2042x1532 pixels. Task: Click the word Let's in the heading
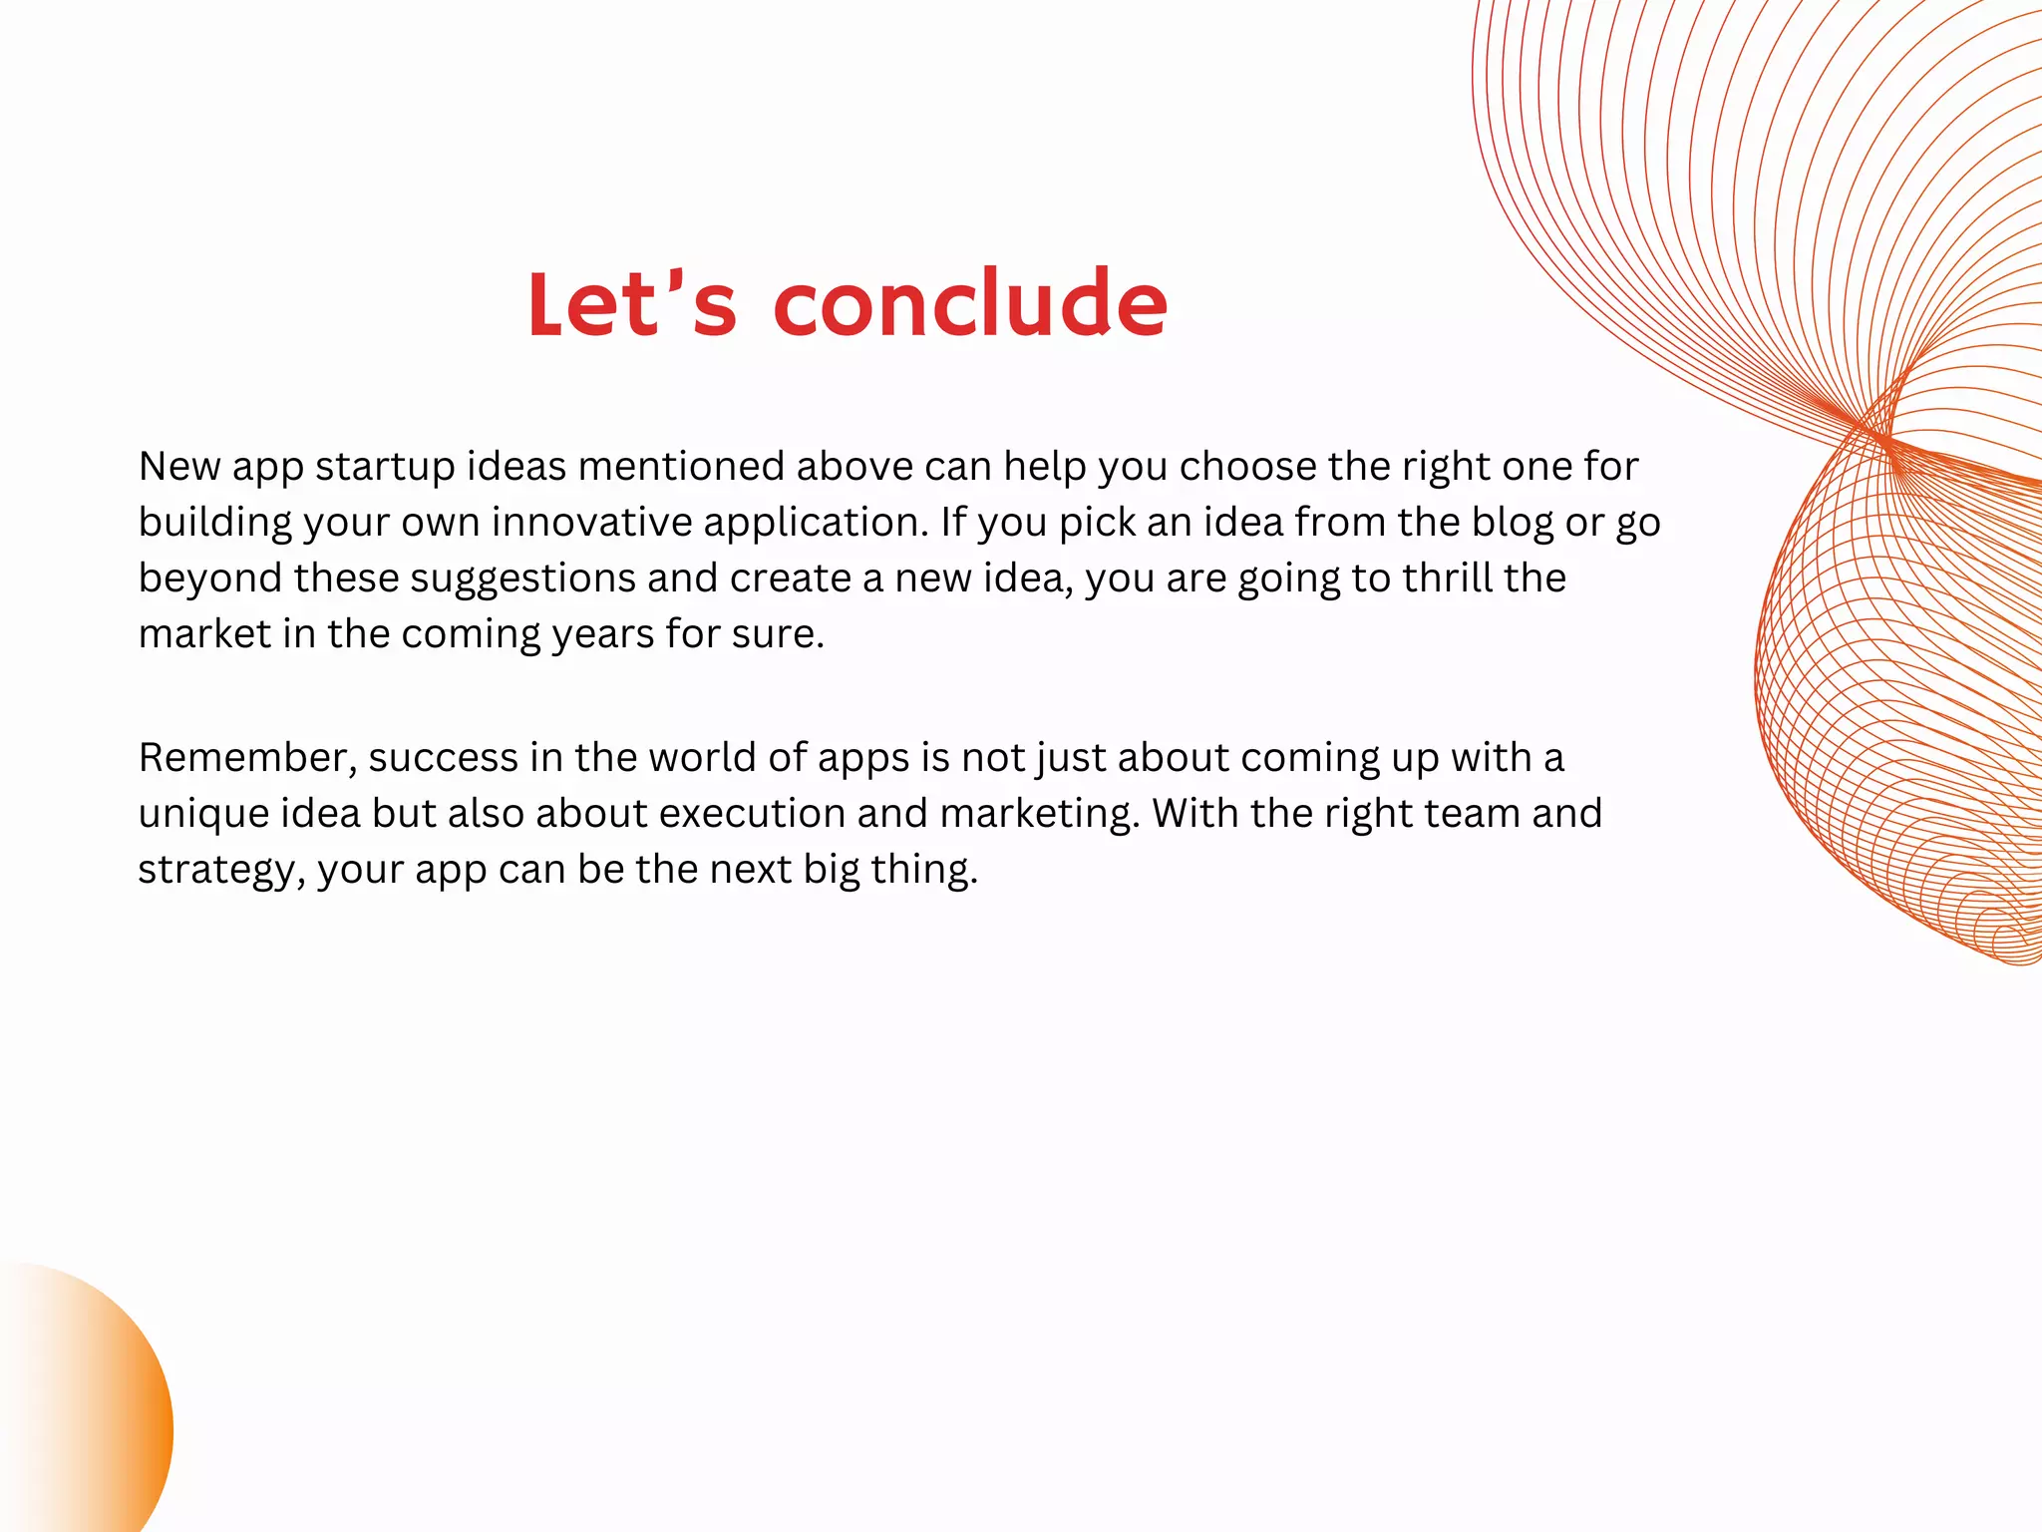click(x=631, y=304)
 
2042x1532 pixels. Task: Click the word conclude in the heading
click(x=969, y=304)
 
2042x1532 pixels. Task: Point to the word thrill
click(x=1447, y=578)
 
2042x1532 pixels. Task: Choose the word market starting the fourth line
click(x=204, y=634)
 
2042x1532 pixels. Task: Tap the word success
click(x=444, y=758)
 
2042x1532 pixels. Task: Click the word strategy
click(x=220, y=870)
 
